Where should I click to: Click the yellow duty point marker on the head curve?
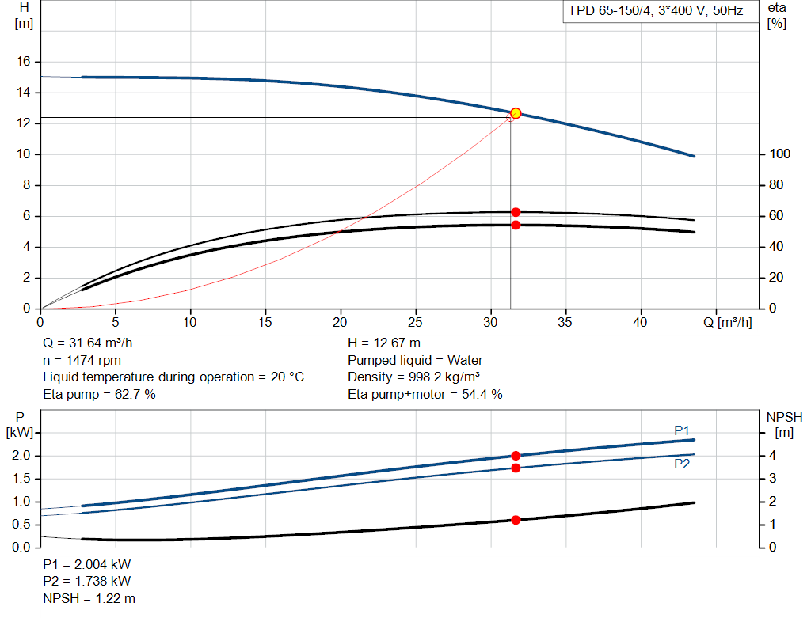[x=516, y=113]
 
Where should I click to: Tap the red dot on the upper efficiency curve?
[x=516, y=212]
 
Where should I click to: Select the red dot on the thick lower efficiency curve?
[x=516, y=226]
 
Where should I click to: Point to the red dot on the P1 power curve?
[x=516, y=456]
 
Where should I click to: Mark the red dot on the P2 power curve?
[x=516, y=468]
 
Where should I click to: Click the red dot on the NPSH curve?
[x=516, y=520]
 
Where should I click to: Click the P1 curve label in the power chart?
[x=682, y=430]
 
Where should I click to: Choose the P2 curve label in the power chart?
[x=682, y=464]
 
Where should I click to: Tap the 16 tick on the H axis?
[x=23, y=62]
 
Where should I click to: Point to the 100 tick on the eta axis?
[x=780, y=154]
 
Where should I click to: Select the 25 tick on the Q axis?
[x=415, y=322]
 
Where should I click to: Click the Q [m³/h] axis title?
[x=727, y=322]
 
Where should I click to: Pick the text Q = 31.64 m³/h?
[x=87, y=343]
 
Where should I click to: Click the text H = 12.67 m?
[x=384, y=343]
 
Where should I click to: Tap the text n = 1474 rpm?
[x=82, y=360]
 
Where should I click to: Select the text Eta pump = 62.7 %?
[x=99, y=394]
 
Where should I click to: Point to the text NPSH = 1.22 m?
[x=89, y=598]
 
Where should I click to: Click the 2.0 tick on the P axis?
[x=21, y=456]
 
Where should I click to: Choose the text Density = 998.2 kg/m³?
[x=413, y=377]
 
